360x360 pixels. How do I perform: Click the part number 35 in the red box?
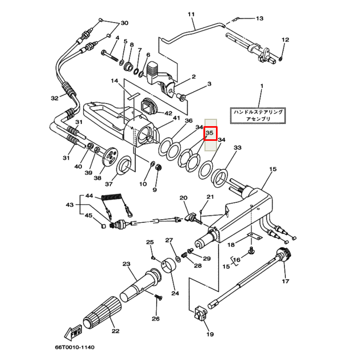click(x=210, y=133)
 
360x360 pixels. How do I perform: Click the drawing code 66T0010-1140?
click(x=75, y=347)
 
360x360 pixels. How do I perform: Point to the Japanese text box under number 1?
click(x=258, y=116)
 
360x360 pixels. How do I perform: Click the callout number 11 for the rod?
click(x=191, y=14)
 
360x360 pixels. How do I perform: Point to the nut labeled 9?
click(x=159, y=168)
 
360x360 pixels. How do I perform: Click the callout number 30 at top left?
click(x=124, y=23)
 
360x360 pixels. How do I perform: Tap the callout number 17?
click(x=285, y=281)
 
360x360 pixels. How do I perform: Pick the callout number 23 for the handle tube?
click(x=126, y=264)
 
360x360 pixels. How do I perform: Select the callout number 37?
click(x=109, y=184)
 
